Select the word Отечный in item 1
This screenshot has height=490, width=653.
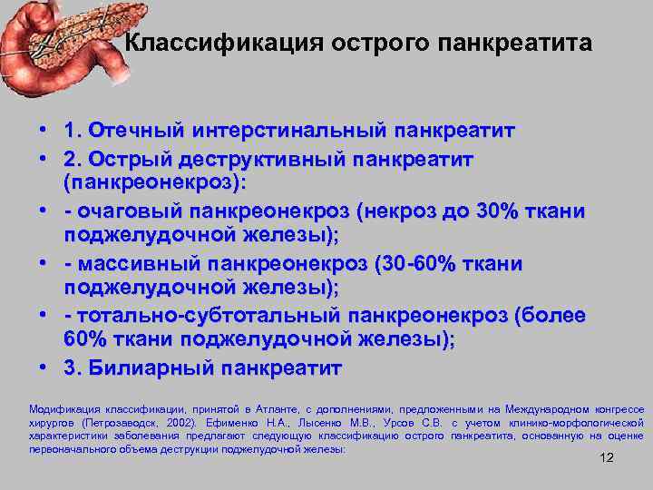pos(139,132)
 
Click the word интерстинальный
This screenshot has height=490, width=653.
pos(288,132)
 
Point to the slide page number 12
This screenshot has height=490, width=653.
pos(607,457)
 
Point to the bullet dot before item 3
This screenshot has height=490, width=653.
pos(44,368)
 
